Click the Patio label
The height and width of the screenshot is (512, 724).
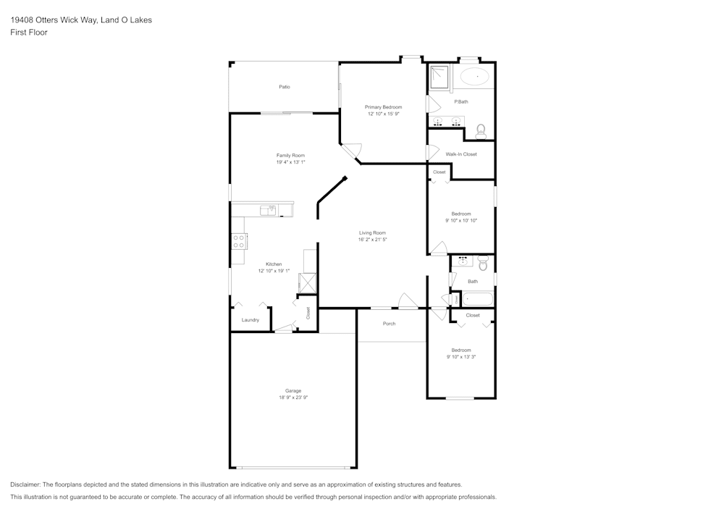click(285, 87)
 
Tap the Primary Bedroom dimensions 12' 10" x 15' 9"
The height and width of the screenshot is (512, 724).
click(383, 114)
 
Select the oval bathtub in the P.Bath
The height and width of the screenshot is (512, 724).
click(476, 76)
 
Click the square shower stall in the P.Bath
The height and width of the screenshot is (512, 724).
click(439, 77)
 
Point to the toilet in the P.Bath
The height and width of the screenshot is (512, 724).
click(480, 131)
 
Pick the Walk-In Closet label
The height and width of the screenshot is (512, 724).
click(461, 154)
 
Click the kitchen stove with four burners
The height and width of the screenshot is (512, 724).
click(239, 241)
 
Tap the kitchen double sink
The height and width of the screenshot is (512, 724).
click(269, 210)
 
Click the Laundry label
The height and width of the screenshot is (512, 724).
click(251, 320)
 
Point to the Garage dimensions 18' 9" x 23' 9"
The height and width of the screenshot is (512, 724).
click(292, 398)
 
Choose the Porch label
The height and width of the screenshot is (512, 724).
click(389, 324)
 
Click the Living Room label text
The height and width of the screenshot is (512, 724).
click(373, 232)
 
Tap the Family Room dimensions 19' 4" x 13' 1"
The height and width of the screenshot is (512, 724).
click(290, 162)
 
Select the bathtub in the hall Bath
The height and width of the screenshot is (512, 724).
click(477, 298)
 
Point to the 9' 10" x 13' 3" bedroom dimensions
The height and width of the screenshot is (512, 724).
click(461, 356)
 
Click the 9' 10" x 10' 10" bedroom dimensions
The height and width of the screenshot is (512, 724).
click(461, 220)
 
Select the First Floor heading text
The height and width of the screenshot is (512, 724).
click(29, 33)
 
